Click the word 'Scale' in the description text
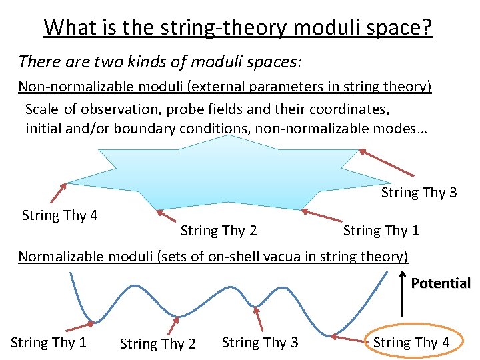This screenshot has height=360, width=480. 42,109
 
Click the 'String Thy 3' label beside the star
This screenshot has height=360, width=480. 419,193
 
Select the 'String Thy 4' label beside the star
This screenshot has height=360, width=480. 60,215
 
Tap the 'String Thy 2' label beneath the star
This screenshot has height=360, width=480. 219,231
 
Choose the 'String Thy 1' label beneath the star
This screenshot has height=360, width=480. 381,231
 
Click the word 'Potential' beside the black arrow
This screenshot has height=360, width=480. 441,283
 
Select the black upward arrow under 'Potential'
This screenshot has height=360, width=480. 402,293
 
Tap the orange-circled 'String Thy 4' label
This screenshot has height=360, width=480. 411,343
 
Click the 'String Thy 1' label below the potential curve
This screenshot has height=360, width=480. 49,343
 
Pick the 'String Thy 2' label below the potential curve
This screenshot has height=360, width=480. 157,344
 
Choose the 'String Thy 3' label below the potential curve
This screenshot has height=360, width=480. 260,343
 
